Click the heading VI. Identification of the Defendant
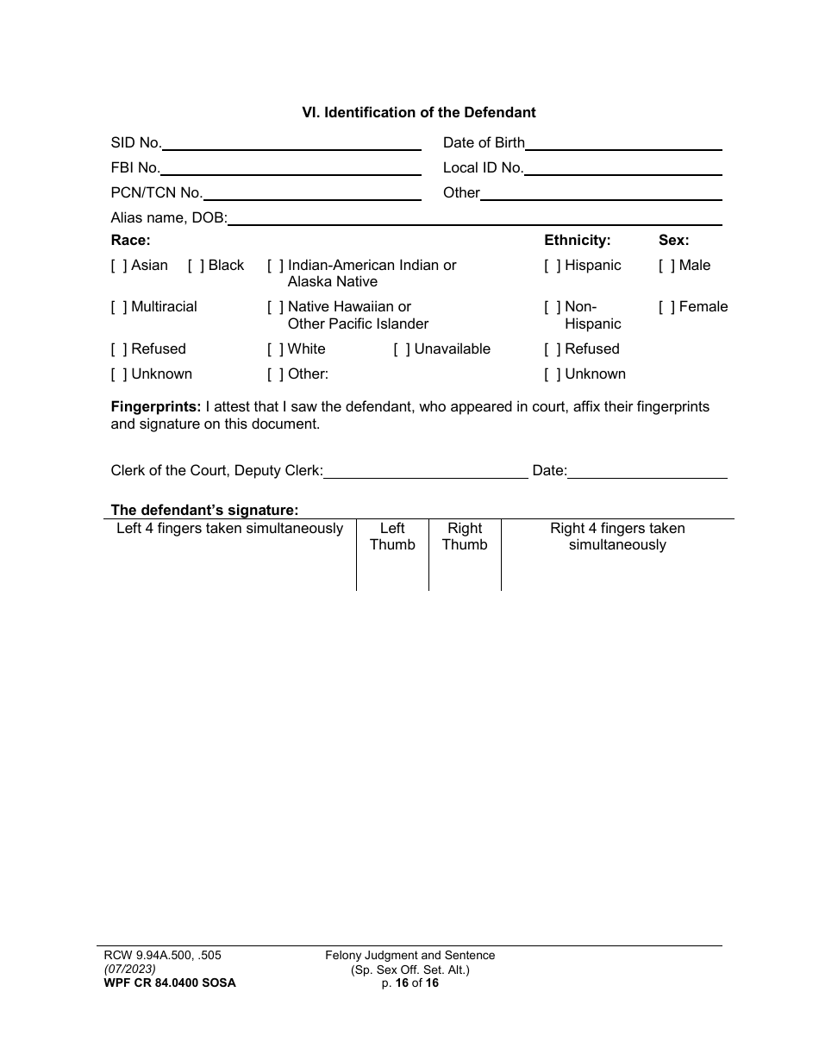[418, 113]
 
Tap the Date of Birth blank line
[623, 145]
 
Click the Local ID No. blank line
[622, 170]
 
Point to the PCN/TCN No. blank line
[311, 195]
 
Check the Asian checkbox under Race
[119, 266]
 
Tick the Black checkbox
[196, 266]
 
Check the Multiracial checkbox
[119, 308]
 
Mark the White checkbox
[276, 349]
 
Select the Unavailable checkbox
[402, 349]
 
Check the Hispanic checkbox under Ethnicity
[553, 266]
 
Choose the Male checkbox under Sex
[667, 266]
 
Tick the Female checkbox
[667, 308]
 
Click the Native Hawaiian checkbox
[276, 308]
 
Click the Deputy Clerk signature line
[425, 473]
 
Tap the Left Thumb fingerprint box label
[392, 537]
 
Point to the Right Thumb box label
[465, 537]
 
